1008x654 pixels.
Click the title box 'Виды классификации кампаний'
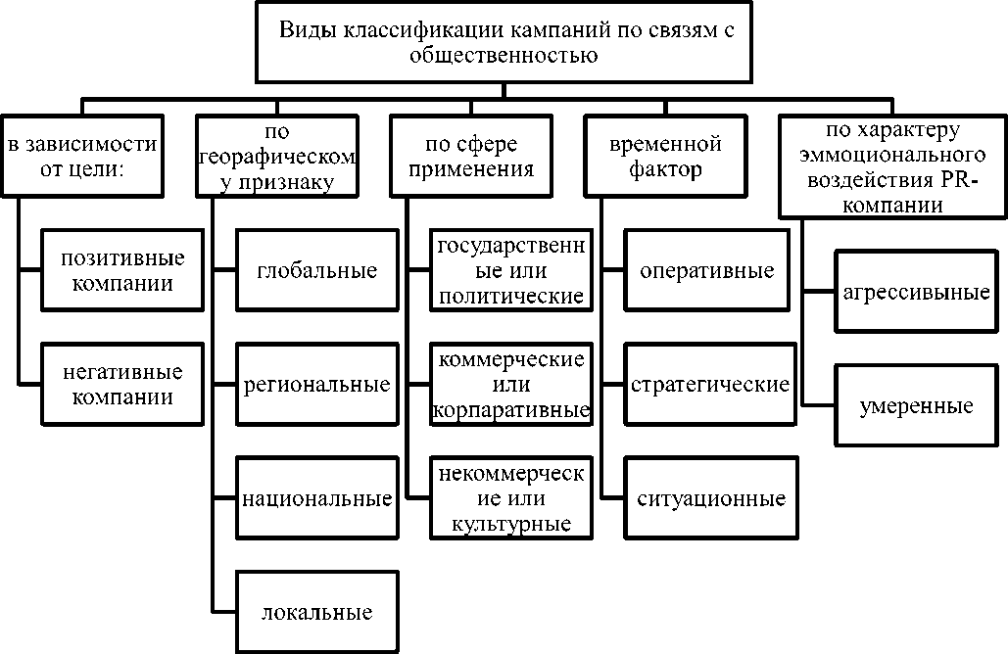504,42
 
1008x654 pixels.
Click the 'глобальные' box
316,270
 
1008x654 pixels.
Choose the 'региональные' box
316,385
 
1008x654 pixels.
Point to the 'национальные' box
316,499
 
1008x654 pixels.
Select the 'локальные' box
316,614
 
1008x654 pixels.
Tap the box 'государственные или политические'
512,270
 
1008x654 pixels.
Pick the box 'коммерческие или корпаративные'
512,385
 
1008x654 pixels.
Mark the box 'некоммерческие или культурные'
512,499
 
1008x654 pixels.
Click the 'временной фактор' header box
665,156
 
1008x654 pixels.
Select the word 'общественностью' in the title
504,56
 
